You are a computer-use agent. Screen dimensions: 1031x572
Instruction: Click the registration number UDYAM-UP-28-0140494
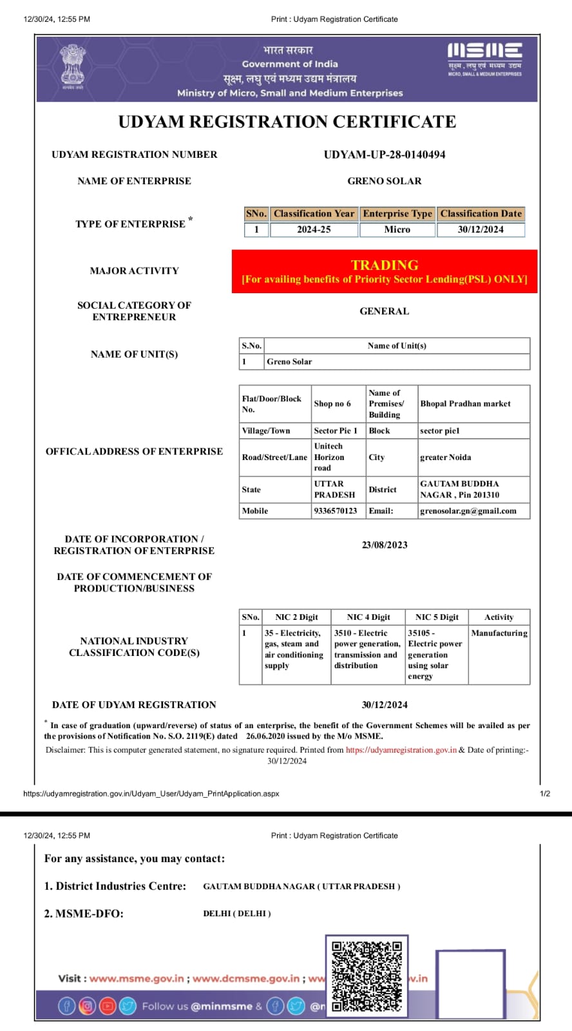tap(384, 155)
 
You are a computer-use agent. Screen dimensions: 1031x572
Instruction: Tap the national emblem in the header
tap(72, 64)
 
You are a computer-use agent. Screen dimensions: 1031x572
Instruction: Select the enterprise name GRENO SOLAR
tap(384, 181)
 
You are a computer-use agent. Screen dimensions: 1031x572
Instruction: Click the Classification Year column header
tap(314, 214)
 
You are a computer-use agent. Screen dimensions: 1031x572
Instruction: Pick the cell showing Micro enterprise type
tap(397, 229)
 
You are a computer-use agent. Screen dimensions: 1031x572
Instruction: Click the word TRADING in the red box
tap(385, 265)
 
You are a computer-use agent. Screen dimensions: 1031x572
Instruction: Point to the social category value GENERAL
tap(384, 311)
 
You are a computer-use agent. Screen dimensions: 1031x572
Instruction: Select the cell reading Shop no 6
tap(332, 404)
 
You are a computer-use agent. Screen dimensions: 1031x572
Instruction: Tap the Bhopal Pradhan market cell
tap(465, 404)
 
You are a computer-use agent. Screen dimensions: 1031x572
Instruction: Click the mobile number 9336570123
tap(335, 511)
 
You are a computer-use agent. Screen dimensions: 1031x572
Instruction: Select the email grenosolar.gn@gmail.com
tap(468, 511)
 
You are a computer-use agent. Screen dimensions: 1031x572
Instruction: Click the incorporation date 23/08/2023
tap(385, 545)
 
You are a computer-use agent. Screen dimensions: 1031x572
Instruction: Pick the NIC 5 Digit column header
tap(437, 617)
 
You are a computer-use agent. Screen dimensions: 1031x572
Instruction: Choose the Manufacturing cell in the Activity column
tap(499, 633)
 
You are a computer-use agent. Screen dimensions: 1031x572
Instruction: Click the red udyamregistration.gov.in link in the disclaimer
tap(401, 750)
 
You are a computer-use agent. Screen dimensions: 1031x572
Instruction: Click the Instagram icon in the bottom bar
tap(87, 1006)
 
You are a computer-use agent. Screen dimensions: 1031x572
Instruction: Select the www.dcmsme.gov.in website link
tap(245, 978)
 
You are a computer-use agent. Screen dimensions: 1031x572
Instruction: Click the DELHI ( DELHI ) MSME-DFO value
tap(237, 914)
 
